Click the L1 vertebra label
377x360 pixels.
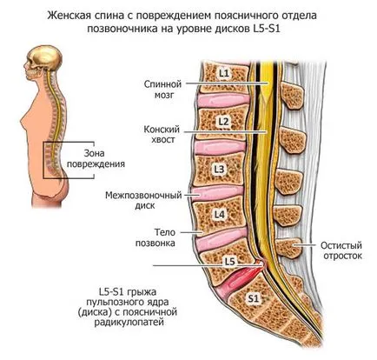[224, 74]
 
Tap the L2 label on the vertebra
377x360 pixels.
[224, 122]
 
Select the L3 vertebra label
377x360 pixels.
[220, 169]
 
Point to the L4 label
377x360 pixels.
[219, 215]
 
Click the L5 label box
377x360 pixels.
[229, 262]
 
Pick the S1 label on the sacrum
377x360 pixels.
[254, 298]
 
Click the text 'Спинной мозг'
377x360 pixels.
[162, 90]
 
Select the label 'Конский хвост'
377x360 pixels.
[162, 134]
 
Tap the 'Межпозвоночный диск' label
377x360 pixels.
[143, 200]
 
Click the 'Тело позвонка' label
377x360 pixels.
[155, 237]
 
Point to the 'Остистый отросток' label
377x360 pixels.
[341, 250]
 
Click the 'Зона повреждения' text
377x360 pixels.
[96, 158]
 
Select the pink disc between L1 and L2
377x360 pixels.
[223, 100]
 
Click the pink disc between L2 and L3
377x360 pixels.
[219, 147]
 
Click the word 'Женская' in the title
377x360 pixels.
[66, 16]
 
